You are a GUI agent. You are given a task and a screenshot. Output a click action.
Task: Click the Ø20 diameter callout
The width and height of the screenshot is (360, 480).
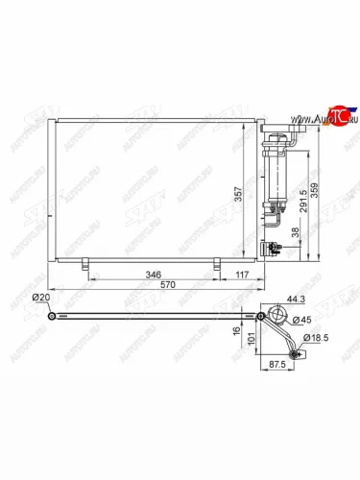pyautogui.click(x=41, y=299)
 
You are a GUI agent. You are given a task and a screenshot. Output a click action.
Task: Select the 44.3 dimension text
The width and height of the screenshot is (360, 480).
pyautogui.click(x=279, y=299)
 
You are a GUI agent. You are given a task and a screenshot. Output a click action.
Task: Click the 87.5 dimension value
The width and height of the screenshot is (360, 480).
pyautogui.click(x=278, y=366)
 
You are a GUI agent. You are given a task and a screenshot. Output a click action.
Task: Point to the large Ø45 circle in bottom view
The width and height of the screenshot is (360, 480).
pyautogui.click(x=279, y=316)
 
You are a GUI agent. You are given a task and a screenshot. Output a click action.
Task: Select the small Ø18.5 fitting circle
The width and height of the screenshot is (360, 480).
pyautogui.click(x=300, y=354)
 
